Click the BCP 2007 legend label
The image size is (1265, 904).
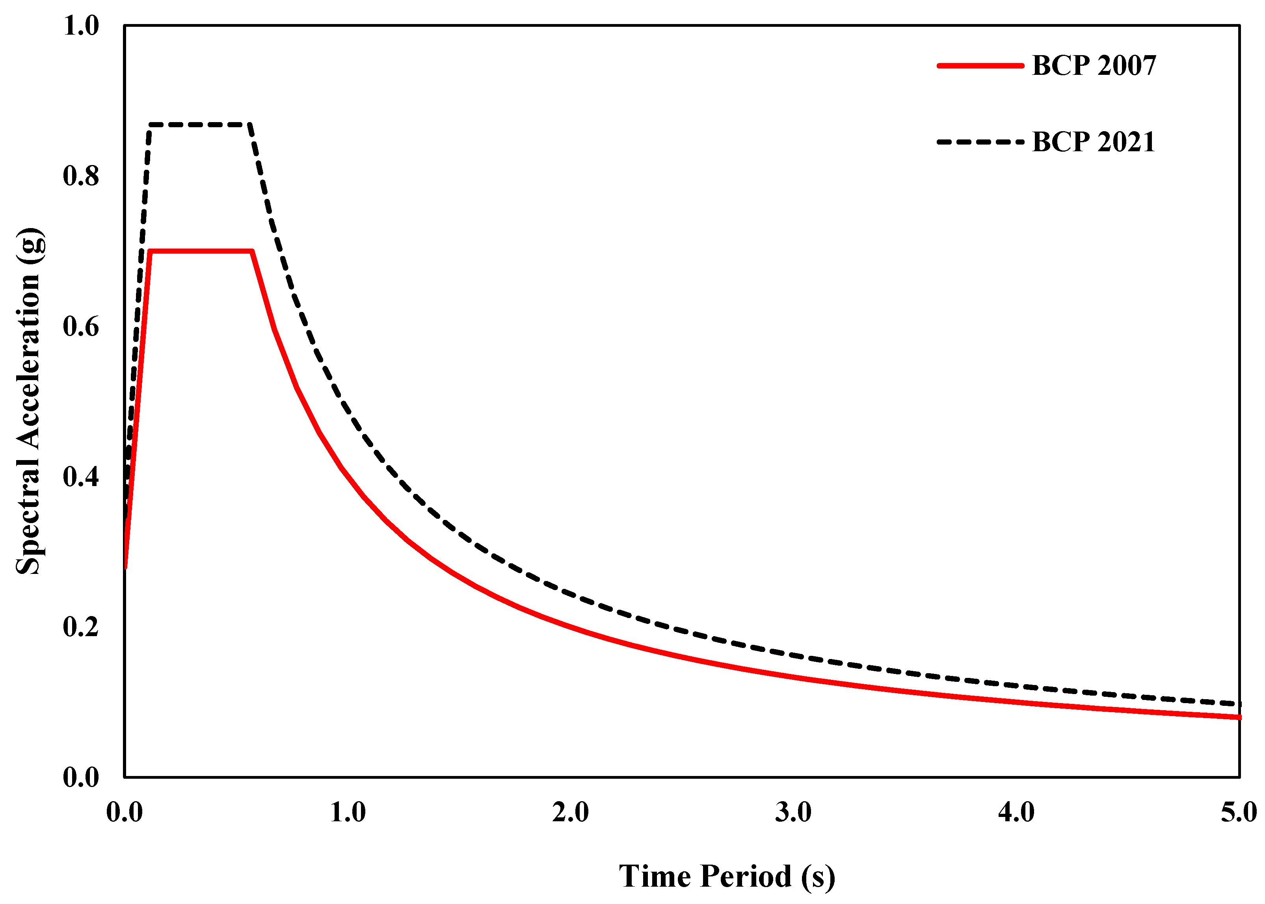tap(1094, 66)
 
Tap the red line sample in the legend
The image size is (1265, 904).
tap(980, 66)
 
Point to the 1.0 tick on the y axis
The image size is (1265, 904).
tap(81, 26)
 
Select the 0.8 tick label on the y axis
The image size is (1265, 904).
tap(81, 176)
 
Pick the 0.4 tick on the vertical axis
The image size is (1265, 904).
tap(81, 477)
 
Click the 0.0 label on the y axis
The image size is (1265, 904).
tap(81, 777)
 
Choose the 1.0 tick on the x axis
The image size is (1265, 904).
tap(348, 813)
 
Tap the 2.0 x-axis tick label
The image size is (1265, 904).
tap(571, 813)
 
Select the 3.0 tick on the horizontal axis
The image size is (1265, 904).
tap(793, 813)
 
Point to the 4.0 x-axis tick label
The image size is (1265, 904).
tap(1016, 813)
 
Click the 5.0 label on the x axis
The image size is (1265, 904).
tap(1239, 813)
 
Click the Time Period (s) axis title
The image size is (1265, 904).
tap(727, 876)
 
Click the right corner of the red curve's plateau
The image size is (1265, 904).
tap(253, 251)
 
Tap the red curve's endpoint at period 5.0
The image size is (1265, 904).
tap(1239, 717)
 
